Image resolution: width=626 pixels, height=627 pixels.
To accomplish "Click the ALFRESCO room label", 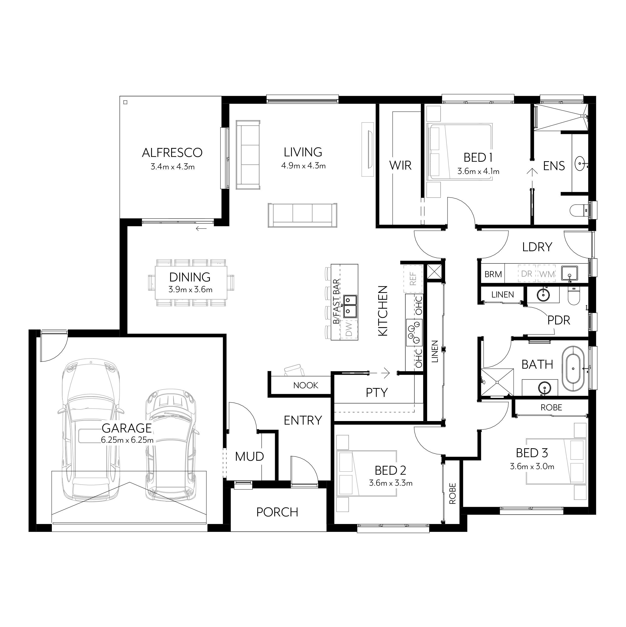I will point(172,153).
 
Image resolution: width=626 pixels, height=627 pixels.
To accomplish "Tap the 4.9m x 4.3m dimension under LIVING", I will point(303,166).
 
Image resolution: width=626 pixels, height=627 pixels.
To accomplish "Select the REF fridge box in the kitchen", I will point(413,278).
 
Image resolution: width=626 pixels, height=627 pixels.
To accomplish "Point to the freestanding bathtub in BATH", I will point(573,368).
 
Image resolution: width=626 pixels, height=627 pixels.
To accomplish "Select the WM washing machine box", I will point(547,274).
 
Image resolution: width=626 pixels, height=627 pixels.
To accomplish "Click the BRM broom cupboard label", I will point(493,274).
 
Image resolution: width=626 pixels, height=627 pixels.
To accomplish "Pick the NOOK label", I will point(306,385).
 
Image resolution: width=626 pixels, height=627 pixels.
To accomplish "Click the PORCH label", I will point(277,512).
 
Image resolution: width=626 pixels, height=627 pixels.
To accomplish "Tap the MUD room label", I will point(249,457).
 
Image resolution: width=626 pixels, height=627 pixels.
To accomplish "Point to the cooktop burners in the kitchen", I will point(414,332).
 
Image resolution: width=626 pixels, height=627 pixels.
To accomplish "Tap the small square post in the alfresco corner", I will point(125,102).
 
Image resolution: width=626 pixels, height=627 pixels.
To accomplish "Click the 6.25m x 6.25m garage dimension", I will point(127,440).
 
